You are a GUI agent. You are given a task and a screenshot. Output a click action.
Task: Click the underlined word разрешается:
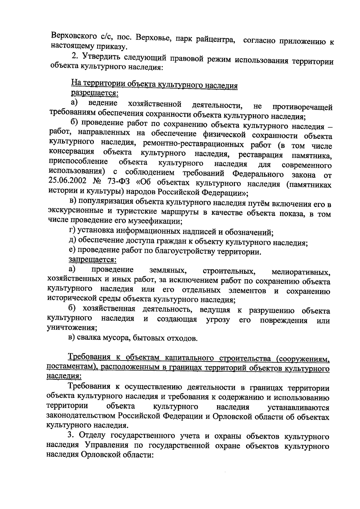coord(94,94)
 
